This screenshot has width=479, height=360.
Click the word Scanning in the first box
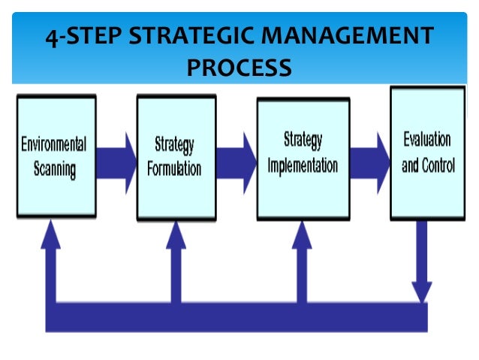54,169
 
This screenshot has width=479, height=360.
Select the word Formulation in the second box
173,168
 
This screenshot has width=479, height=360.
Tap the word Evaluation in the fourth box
427,140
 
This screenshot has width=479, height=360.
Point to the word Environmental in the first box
54,144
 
